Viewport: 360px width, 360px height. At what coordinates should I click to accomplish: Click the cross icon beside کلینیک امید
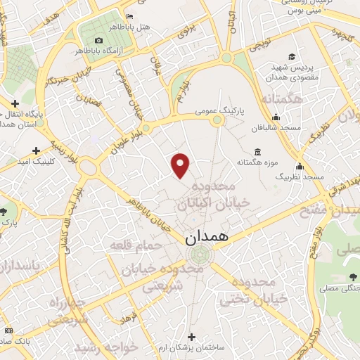[36, 150]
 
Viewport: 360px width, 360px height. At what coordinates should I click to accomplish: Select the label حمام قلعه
[136, 245]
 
